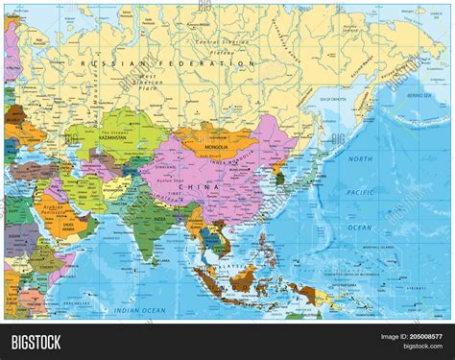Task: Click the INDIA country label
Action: (x=148, y=229)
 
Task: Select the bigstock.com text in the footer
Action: (x=423, y=347)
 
